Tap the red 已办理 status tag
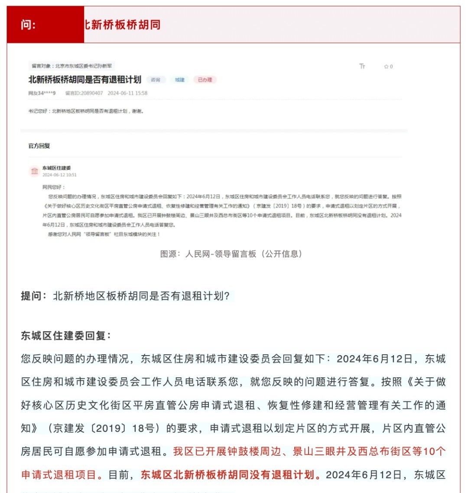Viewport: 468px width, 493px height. pyautogui.click(x=205, y=80)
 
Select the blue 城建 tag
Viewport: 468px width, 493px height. pyautogui.click(x=180, y=80)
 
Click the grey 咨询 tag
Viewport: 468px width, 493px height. pyautogui.click(x=155, y=80)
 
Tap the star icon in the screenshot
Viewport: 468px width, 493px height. pyautogui.click(x=386, y=67)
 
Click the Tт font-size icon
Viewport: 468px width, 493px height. pyautogui.click(x=362, y=66)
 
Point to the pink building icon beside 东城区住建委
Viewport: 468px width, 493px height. pyautogui.click(x=34, y=171)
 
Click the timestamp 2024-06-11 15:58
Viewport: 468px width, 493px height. pyautogui.click(x=127, y=93)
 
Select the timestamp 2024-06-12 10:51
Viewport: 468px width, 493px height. pyautogui.click(x=59, y=175)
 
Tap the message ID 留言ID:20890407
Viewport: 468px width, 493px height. pyautogui.click(x=84, y=93)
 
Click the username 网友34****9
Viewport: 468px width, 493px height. pyautogui.click(x=42, y=93)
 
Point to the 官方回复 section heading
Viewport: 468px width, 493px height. pyautogui.click(x=39, y=146)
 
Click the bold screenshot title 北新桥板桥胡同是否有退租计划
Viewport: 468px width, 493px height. pyautogui.click(x=85, y=80)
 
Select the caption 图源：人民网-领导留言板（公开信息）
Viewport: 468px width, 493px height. pyautogui.click(x=231, y=254)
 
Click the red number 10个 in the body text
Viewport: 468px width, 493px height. pyautogui.click(x=434, y=451)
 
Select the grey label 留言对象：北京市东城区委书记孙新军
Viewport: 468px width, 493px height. pyautogui.click(x=72, y=66)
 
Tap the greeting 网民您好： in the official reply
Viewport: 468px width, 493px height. pyautogui.click(x=54, y=187)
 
